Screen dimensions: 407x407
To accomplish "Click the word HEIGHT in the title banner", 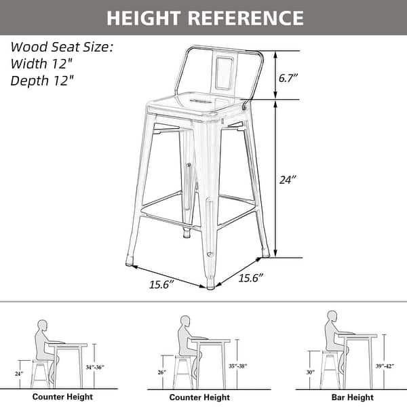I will click(143, 17).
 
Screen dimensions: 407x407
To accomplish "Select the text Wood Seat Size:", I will click(61, 47).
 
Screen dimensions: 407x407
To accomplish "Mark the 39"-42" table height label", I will click(386, 366).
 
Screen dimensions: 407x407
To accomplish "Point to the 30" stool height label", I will click(310, 372).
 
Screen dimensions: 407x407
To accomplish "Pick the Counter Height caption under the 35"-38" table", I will click(199, 397).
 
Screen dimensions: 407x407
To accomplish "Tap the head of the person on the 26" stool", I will click(185, 320).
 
